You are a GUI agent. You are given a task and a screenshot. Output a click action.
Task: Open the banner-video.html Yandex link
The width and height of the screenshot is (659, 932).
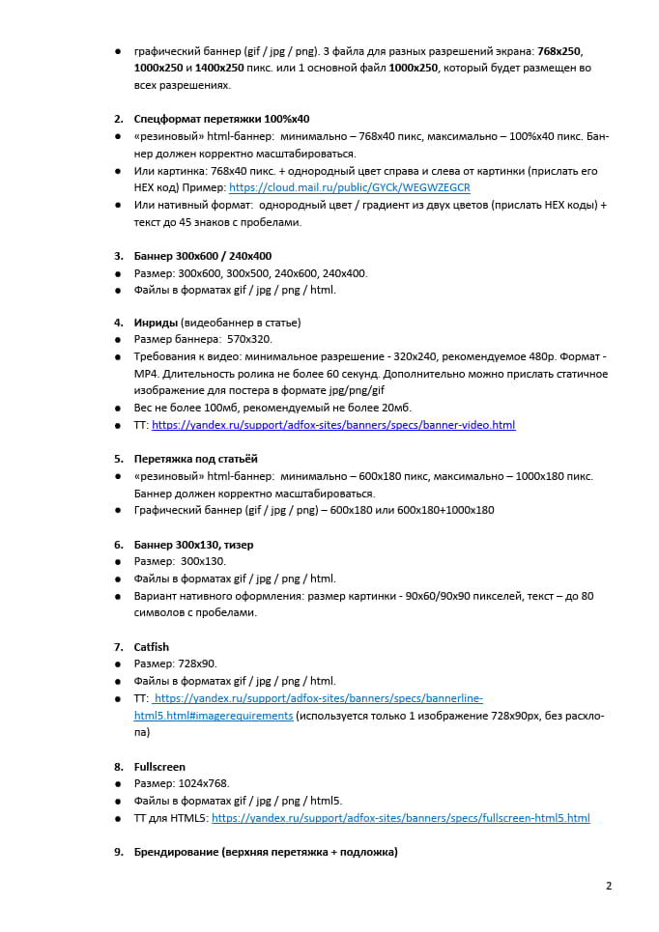pyautogui.click(x=333, y=425)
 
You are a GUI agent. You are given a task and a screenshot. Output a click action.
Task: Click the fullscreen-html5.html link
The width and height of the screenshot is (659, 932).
pyautogui.click(x=400, y=818)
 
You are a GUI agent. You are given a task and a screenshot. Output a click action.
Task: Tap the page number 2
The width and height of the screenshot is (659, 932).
pyautogui.click(x=609, y=886)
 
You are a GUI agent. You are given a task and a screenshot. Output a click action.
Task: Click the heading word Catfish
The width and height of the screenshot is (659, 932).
pyautogui.click(x=152, y=647)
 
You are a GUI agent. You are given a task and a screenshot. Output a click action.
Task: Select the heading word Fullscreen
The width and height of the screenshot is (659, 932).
pyautogui.click(x=159, y=767)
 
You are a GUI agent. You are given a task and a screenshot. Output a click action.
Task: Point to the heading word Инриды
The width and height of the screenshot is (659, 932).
pyautogui.click(x=156, y=323)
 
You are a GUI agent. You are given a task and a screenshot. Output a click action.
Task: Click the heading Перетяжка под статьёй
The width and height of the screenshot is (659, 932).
pyautogui.click(x=195, y=459)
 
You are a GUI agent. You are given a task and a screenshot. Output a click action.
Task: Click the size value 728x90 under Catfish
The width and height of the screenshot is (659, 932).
pyautogui.click(x=197, y=664)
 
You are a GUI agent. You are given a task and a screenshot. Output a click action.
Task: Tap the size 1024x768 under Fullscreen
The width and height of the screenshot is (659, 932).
pyautogui.click(x=203, y=784)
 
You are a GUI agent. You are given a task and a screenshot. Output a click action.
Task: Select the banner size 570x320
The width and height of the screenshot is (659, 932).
pyautogui.click(x=249, y=340)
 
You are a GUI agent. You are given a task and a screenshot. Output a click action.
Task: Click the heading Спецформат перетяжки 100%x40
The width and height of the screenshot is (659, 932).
pyautogui.click(x=221, y=119)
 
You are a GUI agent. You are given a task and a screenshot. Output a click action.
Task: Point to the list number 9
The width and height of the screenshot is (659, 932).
pyautogui.click(x=118, y=853)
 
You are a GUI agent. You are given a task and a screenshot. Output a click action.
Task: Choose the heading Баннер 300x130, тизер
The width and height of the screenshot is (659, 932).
pyautogui.click(x=193, y=545)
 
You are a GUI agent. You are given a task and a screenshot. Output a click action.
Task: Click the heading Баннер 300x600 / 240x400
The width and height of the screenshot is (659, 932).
pyautogui.click(x=202, y=256)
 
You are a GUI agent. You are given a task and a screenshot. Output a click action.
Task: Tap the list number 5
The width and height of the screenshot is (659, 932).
pyautogui.click(x=118, y=459)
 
